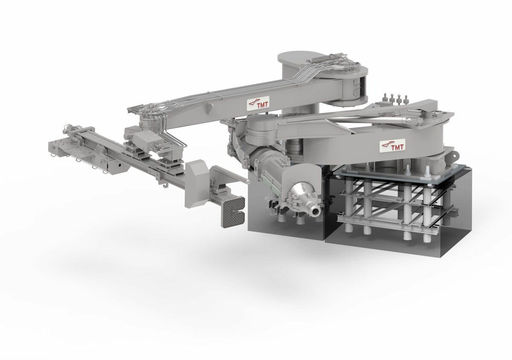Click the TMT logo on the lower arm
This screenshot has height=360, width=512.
391,145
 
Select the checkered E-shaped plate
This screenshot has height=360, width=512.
233,211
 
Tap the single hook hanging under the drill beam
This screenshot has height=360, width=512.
165,186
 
